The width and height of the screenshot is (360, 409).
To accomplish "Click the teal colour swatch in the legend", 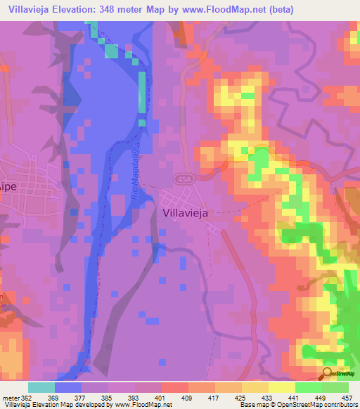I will pos(41,387).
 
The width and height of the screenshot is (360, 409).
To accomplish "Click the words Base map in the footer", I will pos(250,405).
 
